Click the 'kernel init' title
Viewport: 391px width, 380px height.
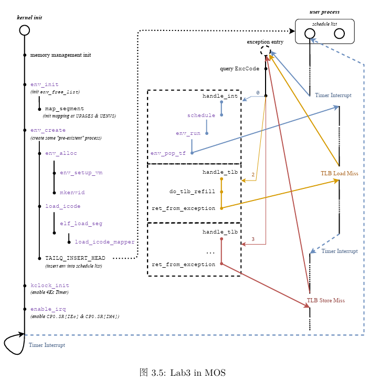(x=29, y=17)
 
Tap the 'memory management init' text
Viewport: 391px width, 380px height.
(x=60, y=55)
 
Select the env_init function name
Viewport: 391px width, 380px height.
(x=44, y=85)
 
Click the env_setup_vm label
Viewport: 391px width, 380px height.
(x=81, y=173)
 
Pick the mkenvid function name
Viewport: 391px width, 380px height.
(x=72, y=193)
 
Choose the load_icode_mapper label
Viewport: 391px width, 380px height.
(x=104, y=242)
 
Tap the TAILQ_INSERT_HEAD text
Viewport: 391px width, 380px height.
(x=75, y=258)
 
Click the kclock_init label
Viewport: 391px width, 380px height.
(x=50, y=286)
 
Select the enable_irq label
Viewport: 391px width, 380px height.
(x=48, y=309)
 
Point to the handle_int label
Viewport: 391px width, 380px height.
(x=220, y=96)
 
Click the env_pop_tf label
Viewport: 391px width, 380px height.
(x=168, y=153)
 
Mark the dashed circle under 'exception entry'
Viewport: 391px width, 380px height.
(x=266, y=51)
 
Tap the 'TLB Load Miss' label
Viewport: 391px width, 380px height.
(x=339, y=173)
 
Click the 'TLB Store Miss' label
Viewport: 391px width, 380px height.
(x=325, y=301)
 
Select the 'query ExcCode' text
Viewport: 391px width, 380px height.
(x=239, y=69)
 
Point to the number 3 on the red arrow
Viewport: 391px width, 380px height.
(x=253, y=239)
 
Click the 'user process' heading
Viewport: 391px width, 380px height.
(x=324, y=12)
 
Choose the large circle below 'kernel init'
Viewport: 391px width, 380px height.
(x=24, y=30)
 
